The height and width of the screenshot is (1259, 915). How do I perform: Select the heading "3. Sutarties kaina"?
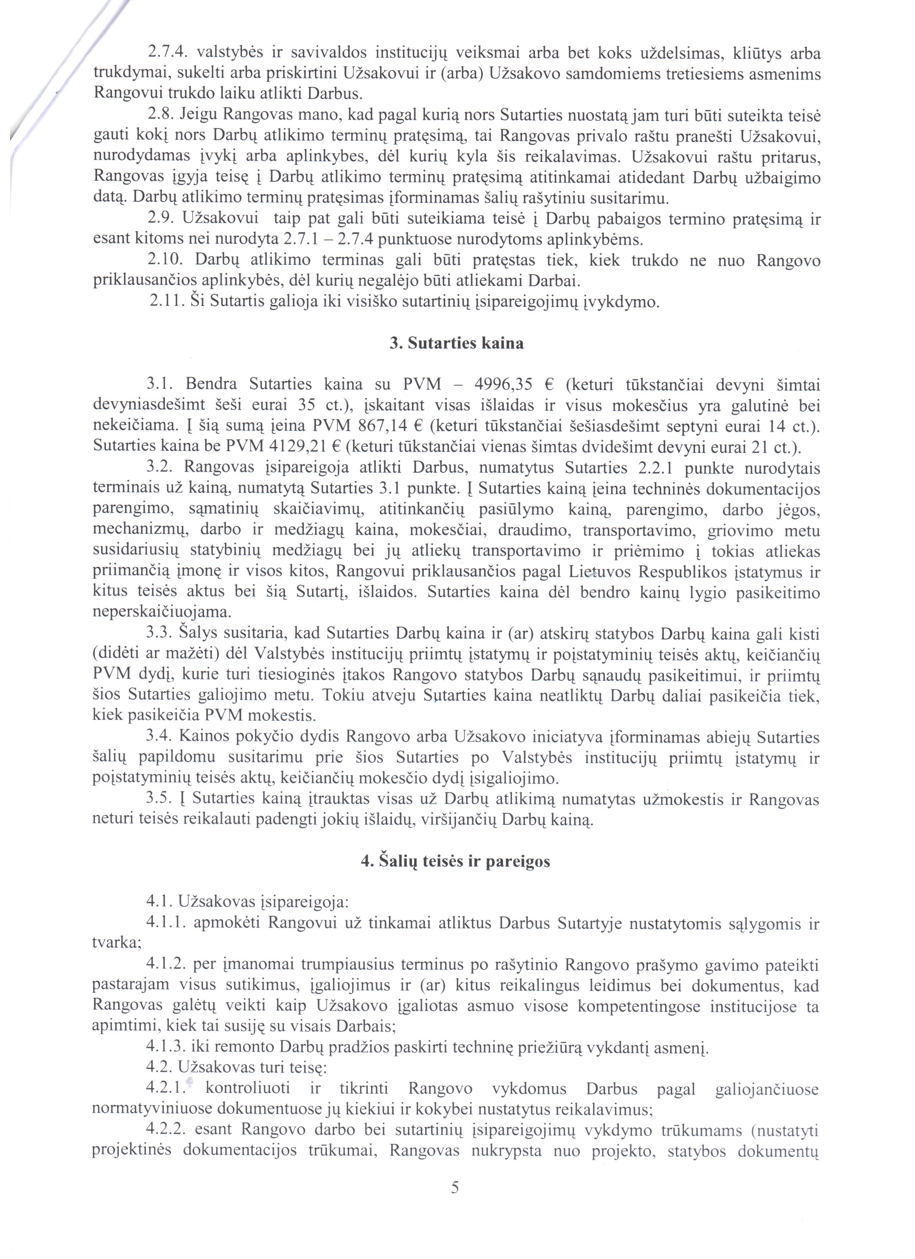[x=456, y=344]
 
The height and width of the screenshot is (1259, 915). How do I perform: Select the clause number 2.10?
[x=165, y=260]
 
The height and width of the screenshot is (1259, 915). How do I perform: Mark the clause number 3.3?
[x=160, y=633]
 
